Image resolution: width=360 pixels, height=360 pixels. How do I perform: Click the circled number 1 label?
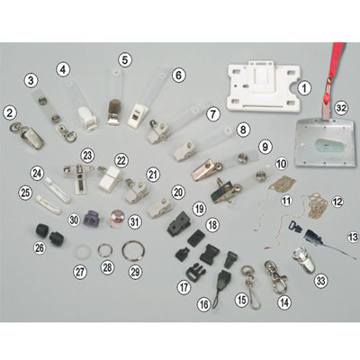[304, 88]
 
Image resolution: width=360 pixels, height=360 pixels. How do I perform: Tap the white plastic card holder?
[264, 86]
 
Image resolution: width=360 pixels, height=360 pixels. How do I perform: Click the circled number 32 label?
[341, 108]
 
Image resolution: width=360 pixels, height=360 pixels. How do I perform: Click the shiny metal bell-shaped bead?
[117, 219]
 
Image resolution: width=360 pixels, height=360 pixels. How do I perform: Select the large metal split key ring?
[133, 251]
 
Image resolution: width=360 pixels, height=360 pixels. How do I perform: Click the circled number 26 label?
[39, 247]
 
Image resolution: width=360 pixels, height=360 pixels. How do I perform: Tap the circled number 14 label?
[284, 302]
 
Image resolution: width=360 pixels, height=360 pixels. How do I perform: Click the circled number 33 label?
[320, 281]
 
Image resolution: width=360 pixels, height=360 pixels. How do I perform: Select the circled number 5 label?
[125, 59]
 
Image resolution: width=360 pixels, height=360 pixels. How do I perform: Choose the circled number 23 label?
[87, 156]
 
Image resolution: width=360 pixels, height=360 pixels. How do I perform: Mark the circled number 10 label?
[281, 164]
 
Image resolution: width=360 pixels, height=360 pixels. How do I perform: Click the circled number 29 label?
[135, 272]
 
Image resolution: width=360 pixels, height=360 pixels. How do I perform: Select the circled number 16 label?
[203, 304]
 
